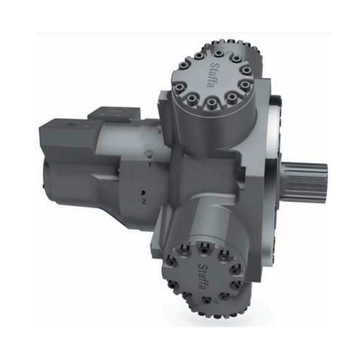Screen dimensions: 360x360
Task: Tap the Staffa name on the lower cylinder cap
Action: [x=203, y=276]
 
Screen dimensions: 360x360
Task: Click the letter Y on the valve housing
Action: [x=150, y=165]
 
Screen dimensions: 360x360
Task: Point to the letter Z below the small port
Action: [x=144, y=202]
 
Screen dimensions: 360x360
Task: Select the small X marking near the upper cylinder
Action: [x=160, y=132]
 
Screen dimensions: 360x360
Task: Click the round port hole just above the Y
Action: [x=150, y=154]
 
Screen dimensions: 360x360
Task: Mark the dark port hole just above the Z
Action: [x=143, y=193]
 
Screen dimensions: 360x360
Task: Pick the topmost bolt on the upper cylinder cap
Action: [x=219, y=54]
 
